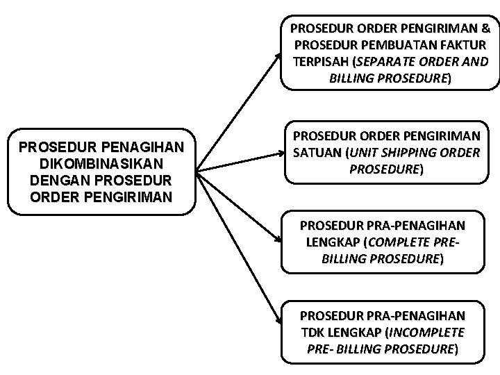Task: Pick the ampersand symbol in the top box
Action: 485,29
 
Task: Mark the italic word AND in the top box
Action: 476,62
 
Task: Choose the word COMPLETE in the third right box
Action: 405,242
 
